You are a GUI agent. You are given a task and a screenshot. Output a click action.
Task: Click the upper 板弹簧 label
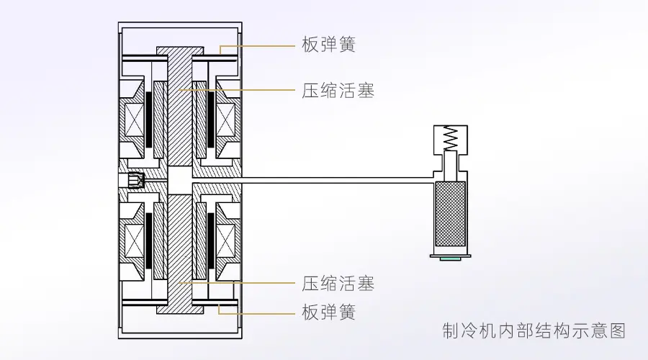(x=328, y=45)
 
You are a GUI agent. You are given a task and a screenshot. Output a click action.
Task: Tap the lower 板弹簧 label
(x=328, y=313)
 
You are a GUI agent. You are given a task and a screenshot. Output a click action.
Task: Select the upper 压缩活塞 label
(x=338, y=91)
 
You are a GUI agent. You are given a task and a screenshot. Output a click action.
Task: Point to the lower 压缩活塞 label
(x=338, y=283)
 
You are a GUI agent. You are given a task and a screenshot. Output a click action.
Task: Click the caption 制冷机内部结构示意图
(x=534, y=330)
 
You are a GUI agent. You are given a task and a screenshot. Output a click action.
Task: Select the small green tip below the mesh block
(x=451, y=257)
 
